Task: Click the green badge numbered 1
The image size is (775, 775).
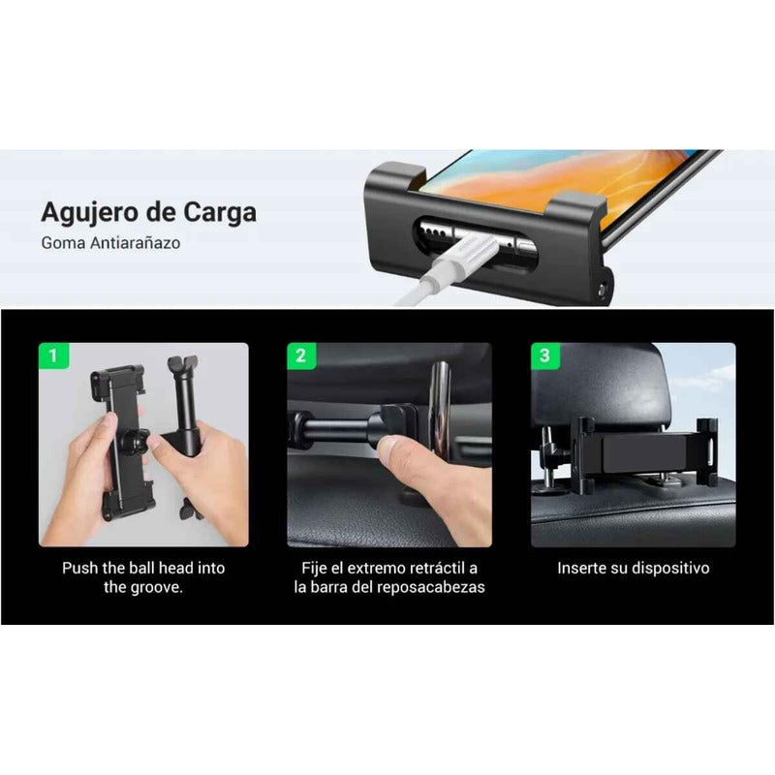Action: coord(52,356)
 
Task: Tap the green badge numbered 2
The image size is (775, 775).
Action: coord(300,356)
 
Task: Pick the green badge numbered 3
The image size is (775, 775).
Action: coord(544,356)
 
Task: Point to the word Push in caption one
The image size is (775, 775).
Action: coord(80,568)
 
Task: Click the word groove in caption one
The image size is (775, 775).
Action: coord(156,588)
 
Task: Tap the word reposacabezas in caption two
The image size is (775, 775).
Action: coord(437,588)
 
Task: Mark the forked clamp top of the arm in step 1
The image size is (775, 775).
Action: coord(181,367)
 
